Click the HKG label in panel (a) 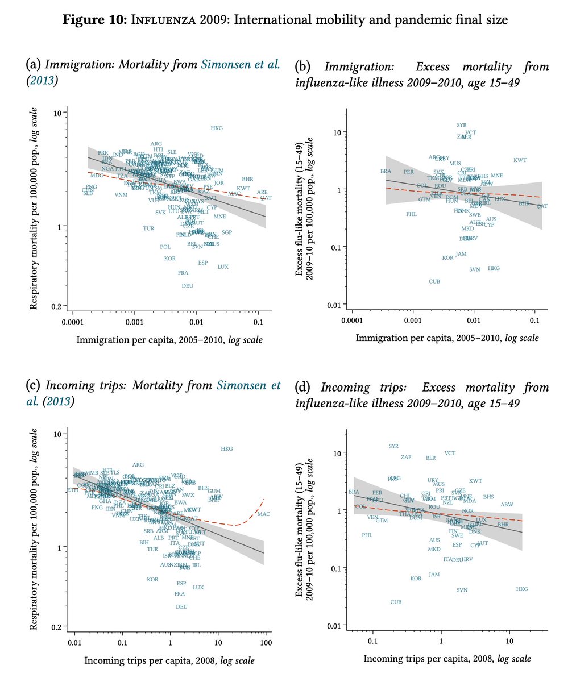(x=217, y=128)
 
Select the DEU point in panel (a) (x=188, y=286)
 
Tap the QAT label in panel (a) (x=266, y=198)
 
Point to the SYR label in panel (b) (x=462, y=125)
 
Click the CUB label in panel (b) (x=434, y=282)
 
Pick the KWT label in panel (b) (x=520, y=160)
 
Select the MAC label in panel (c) (x=263, y=514)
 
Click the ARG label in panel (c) (x=138, y=465)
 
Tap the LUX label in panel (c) (x=198, y=587)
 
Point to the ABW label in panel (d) (x=507, y=505)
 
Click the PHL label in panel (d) (x=367, y=535)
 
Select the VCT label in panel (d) (x=450, y=453)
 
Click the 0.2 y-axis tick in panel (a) (x=57, y=306)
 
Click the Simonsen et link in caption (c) (x=248, y=386)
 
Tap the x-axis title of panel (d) (x=447, y=659)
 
